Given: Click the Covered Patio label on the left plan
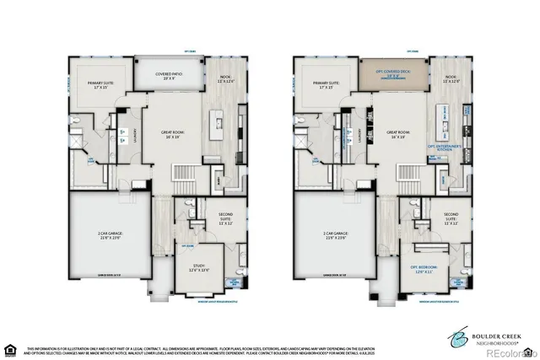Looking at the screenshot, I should click(x=170, y=75).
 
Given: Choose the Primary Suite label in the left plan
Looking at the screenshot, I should click(x=100, y=85).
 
